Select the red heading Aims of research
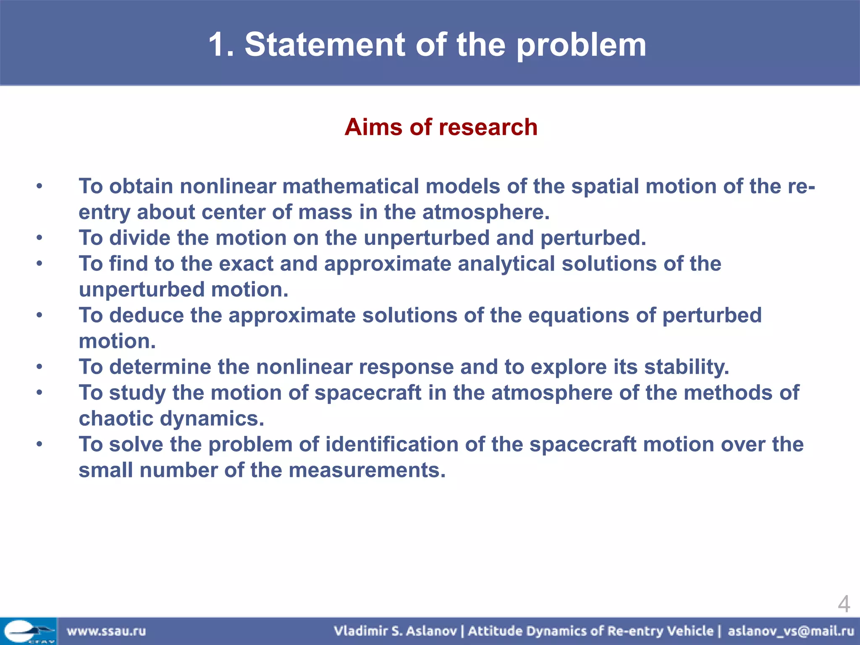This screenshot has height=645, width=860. [x=440, y=127]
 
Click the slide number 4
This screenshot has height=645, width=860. [x=843, y=604]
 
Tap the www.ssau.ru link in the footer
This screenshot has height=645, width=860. [x=106, y=631]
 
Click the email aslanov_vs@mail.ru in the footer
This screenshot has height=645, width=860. [x=791, y=631]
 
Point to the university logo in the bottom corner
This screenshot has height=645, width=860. [x=28, y=631]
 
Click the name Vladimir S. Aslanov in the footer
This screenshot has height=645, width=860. [x=395, y=631]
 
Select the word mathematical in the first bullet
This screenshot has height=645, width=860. [x=350, y=186]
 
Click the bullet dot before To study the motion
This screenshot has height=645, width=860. [x=39, y=393]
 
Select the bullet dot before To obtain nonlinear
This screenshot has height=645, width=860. [x=39, y=186]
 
